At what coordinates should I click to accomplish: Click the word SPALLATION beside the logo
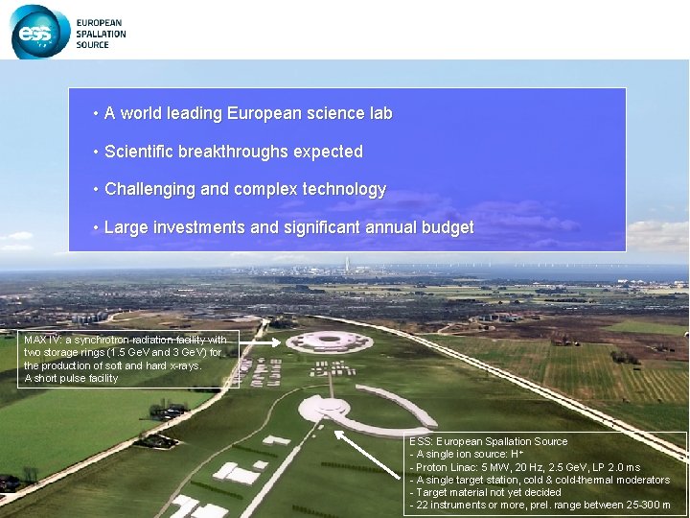coord(101,34)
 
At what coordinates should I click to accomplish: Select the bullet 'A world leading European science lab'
coord(248,113)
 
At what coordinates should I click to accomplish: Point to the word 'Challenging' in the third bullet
coord(150,190)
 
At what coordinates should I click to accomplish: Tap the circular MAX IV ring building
coord(331,341)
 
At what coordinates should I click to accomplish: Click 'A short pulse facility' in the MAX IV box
coord(71,378)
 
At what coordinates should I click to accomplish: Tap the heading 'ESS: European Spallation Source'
coord(488,441)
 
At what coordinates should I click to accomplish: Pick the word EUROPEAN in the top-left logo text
coord(100,22)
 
